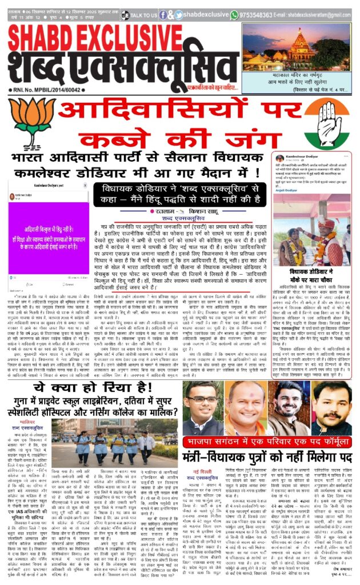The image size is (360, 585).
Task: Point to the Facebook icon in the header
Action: [163, 15]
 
